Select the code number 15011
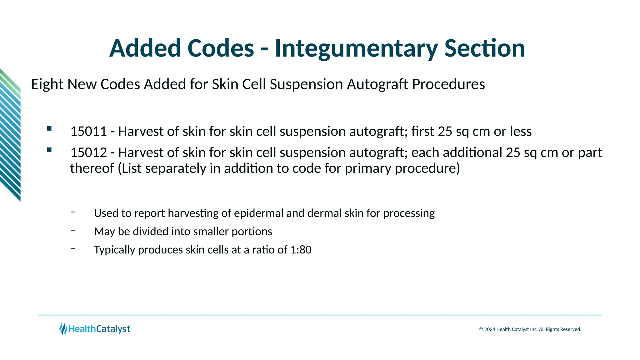tap(88, 132)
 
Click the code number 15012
tap(88, 153)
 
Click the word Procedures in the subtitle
tap(448, 84)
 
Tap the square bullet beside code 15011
tap(49, 128)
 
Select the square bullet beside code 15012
tap(49, 150)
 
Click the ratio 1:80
tap(301, 250)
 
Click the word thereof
tap(92, 168)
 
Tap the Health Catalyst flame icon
tap(63, 329)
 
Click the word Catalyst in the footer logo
tap(113, 329)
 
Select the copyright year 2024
tap(490, 329)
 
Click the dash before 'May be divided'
tap(73, 230)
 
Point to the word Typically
tap(114, 250)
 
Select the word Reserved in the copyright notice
tap(570, 329)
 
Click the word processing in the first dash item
tap(409, 213)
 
